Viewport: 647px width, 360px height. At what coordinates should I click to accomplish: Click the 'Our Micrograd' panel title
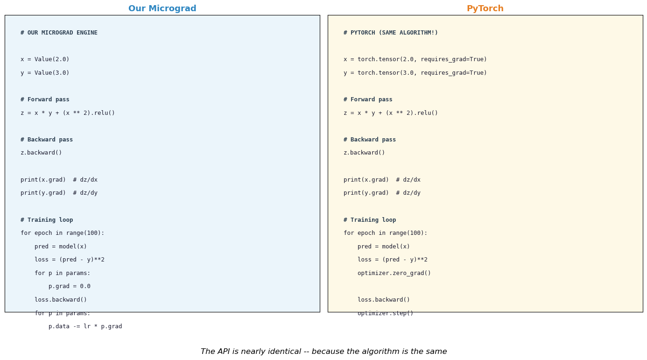[162, 8]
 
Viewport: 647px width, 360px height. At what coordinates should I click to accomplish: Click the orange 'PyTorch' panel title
[485, 8]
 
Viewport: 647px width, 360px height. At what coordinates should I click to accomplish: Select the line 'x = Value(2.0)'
[45, 59]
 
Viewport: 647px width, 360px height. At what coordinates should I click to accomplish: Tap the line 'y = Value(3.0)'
[45, 72]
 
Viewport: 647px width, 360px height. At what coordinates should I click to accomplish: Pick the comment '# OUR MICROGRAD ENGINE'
[59, 33]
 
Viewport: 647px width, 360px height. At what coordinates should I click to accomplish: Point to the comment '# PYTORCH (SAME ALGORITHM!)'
[391, 33]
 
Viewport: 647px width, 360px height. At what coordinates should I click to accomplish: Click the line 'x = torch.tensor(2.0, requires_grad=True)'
[415, 59]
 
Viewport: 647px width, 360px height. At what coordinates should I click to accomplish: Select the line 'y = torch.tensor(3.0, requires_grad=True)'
[415, 72]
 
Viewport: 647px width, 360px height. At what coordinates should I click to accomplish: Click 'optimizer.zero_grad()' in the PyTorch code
[394, 273]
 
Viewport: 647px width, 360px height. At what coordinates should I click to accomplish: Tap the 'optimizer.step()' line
[385, 313]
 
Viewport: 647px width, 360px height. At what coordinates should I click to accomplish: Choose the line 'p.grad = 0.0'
[69, 286]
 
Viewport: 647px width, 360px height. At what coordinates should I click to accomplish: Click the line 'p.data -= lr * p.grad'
[85, 326]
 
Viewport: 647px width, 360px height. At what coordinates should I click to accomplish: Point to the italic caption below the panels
[323, 351]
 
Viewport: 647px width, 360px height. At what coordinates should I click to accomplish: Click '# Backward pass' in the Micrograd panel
[47, 140]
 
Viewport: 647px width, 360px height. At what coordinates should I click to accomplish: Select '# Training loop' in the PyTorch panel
[370, 220]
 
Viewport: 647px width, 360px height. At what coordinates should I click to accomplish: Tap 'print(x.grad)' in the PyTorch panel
[366, 180]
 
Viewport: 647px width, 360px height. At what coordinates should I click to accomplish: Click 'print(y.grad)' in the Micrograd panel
[43, 193]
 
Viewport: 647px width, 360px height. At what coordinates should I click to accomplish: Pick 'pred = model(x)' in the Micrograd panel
[61, 247]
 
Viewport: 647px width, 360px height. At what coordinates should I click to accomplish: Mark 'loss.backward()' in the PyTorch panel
[384, 300]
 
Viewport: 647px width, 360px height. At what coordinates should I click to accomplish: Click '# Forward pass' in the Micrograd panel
[45, 99]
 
